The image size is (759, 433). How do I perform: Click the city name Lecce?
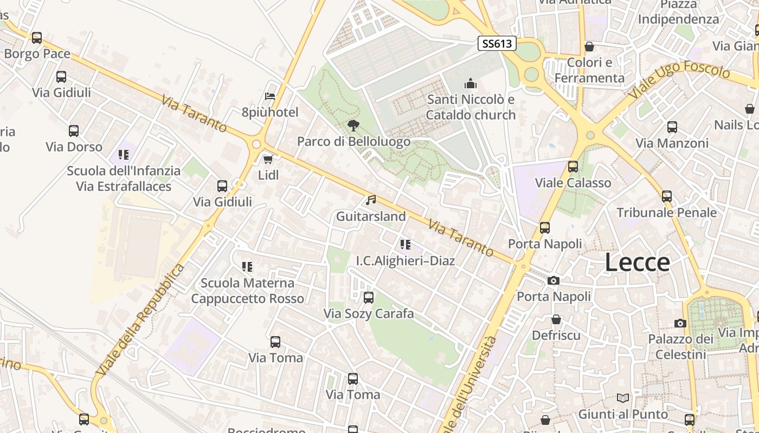(637, 263)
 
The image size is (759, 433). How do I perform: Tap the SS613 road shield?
(497, 43)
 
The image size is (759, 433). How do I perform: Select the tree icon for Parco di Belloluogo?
(353, 126)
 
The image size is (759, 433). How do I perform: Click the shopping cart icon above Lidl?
(268, 159)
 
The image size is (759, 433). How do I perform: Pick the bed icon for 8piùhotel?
(270, 96)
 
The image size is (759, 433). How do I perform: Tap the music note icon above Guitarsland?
(371, 200)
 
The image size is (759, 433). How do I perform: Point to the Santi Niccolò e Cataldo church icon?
(470, 83)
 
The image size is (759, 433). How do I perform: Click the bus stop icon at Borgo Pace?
(37, 38)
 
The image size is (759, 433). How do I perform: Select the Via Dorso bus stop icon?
(74, 131)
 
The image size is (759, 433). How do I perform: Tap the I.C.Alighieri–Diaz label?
(405, 261)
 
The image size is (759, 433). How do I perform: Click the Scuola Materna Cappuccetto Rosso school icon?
(247, 266)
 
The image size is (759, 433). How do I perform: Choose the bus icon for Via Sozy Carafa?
(369, 297)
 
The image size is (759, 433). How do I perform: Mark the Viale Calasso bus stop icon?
(573, 167)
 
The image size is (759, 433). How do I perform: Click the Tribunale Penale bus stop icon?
(667, 196)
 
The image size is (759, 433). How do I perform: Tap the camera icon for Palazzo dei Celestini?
(680, 323)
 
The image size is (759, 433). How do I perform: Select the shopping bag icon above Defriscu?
(556, 319)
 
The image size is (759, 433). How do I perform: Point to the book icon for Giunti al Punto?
(623, 398)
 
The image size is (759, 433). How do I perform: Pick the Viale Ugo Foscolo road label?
(680, 82)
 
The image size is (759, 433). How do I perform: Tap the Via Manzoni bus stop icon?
(672, 127)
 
